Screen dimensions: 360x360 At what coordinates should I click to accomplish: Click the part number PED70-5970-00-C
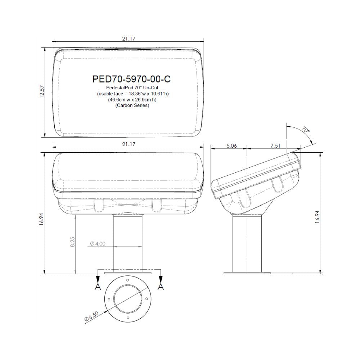coord(131,79)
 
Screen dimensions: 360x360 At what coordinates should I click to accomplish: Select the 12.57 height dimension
coord(42,92)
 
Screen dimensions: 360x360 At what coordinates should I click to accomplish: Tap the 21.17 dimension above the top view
coord(129,39)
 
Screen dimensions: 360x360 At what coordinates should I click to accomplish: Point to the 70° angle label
coord(305,130)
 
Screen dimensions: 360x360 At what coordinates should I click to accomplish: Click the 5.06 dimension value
coord(231,145)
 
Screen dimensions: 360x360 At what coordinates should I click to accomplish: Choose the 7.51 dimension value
coord(275,145)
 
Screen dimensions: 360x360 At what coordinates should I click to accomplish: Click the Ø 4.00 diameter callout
coord(98,244)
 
